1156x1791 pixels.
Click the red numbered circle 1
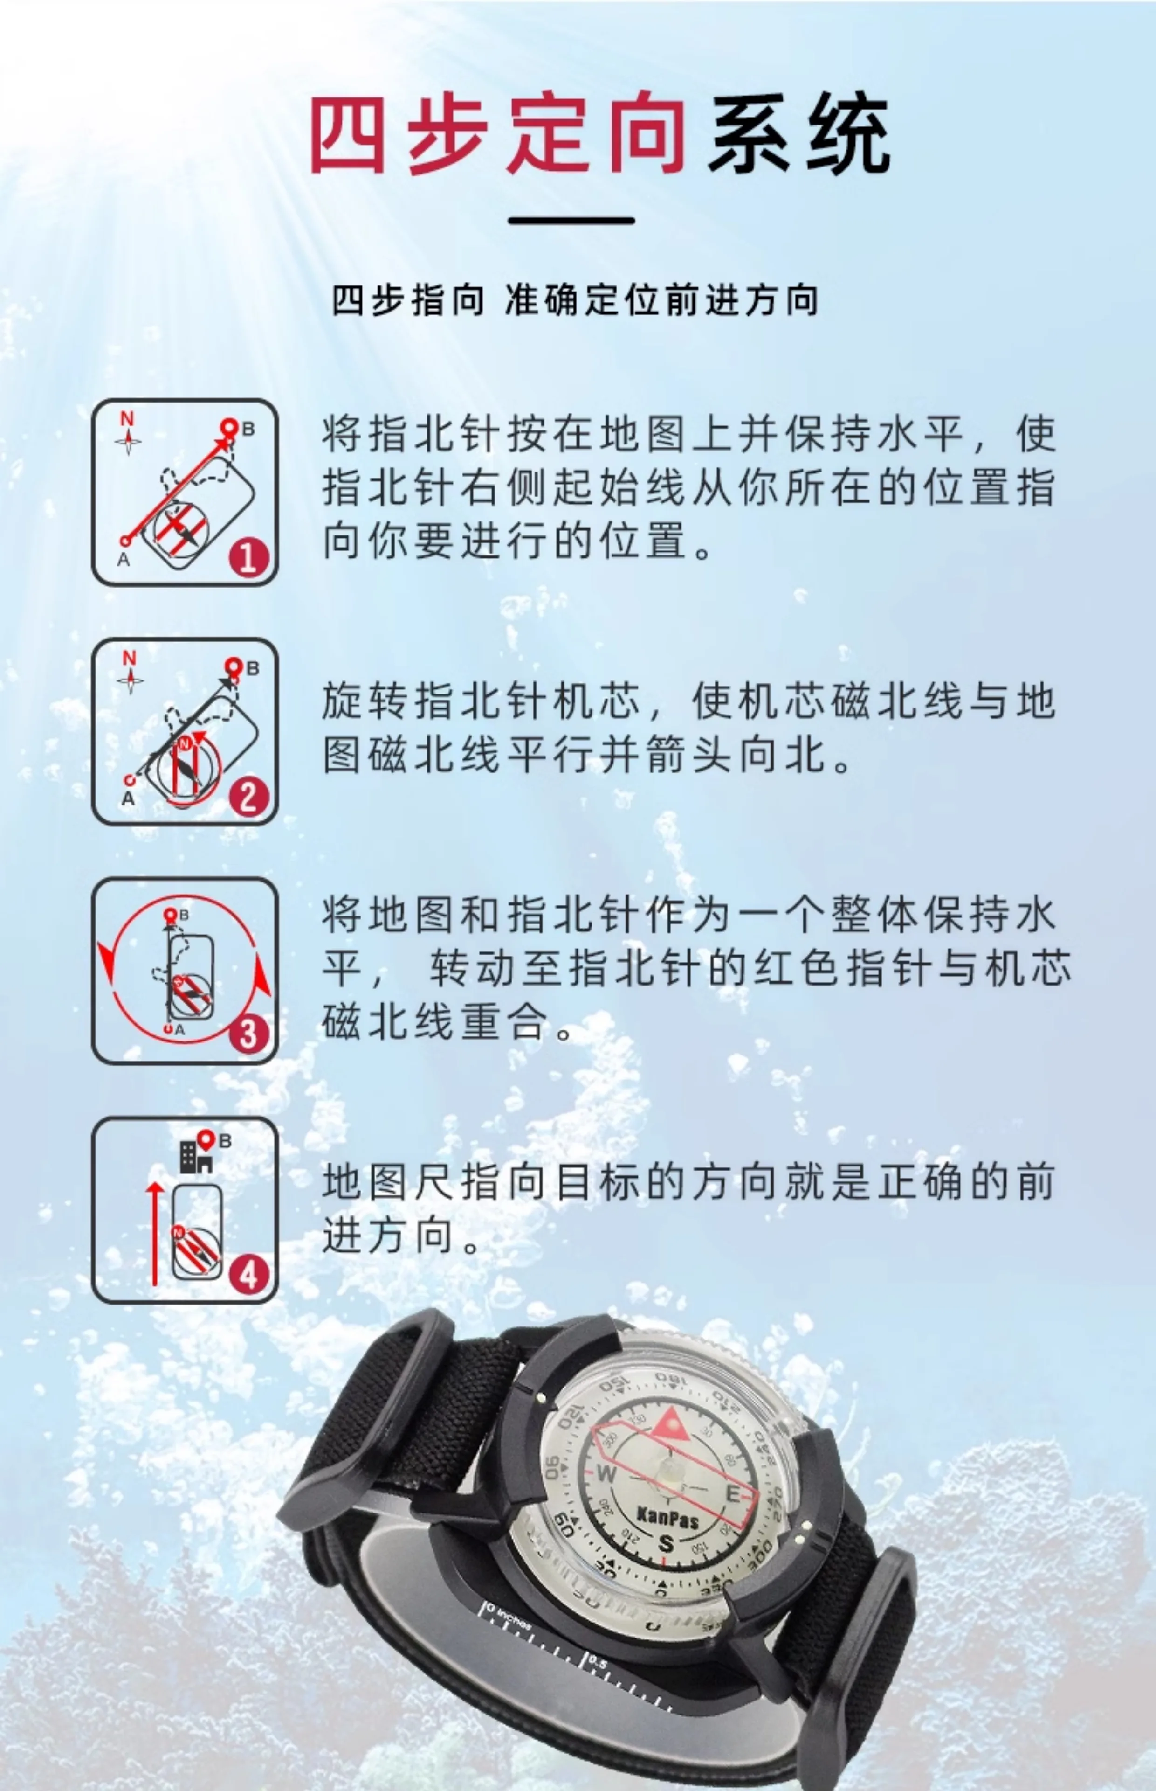[248, 557]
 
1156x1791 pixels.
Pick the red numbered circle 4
[248, 1274]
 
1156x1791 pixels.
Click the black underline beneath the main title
[571, 221]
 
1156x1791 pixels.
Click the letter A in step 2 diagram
[128, 799]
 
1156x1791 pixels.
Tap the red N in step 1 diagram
[128, 419]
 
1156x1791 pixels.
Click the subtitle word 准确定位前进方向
[661, 300]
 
